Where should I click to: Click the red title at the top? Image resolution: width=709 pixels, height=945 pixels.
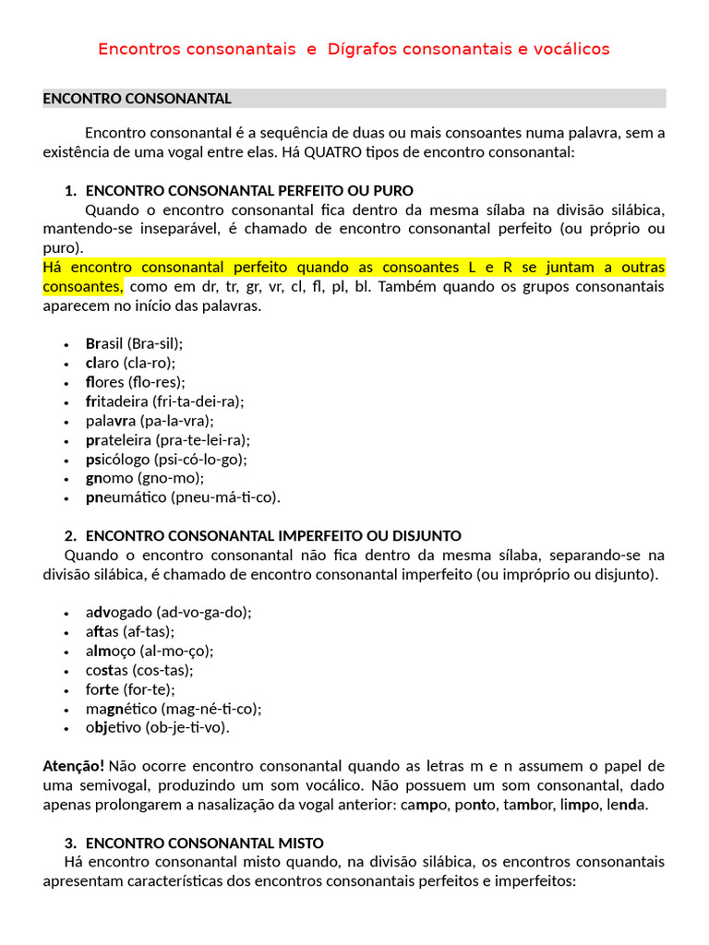pyautogui.click(x=354, y=49)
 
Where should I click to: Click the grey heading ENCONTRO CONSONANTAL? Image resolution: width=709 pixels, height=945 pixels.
pyautogui.click(x=137, y=99)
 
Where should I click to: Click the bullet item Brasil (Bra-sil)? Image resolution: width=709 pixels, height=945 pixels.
pyautogui.click(x=134, y=343)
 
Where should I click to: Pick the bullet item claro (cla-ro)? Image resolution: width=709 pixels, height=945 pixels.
pyautogui.click(x=130, y=363)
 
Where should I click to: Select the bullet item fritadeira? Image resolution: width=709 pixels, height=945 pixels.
pyautogui.click(x=164, y=401)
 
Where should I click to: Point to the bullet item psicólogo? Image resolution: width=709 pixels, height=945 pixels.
pyautogui.click(x=166, y=459)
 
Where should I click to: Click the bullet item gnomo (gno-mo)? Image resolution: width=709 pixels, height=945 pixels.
pyautogui.click(x=145, y=478)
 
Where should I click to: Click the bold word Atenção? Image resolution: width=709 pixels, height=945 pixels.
pyautogui.click(x=74, y=766)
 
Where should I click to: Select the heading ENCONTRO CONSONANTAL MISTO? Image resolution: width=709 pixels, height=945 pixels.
pyautogui.click(x=204, y=843)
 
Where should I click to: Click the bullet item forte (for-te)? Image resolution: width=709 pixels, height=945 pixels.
pyautogui.click(x=130, y=689)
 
